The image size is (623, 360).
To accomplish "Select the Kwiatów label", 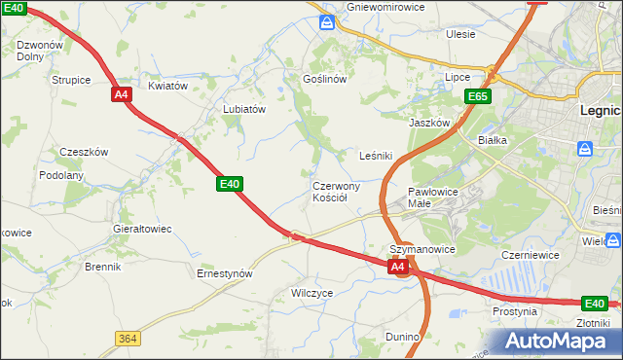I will (167, 86).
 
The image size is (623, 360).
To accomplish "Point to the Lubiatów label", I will (244, 109).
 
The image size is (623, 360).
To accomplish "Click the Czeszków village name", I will (84, 152).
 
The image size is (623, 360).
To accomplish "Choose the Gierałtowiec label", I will (142, 229).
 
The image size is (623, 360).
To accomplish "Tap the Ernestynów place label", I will (225, 274).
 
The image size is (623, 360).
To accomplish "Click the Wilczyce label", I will (312, 292).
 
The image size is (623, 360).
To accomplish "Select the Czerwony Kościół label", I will (337, 191).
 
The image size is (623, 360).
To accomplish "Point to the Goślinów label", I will (325, 79).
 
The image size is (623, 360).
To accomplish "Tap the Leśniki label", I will (376, 155).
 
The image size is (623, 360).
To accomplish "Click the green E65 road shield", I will (477, 96).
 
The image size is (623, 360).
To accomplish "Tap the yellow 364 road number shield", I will (127, 338).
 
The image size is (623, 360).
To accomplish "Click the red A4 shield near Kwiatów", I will (121, 94).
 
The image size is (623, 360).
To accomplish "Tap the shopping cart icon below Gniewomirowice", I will (329, 20).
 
